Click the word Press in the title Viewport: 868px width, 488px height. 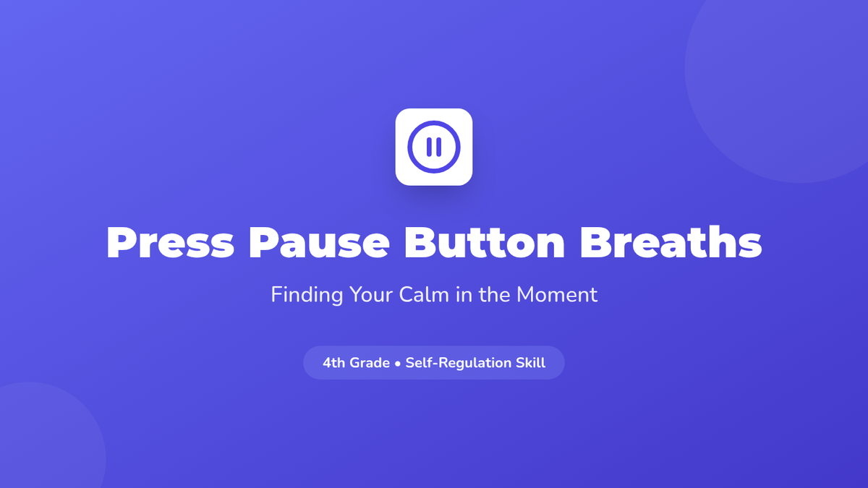point(170,242)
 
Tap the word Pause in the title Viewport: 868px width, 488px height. point(319,242)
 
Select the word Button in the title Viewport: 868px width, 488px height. point(485,241)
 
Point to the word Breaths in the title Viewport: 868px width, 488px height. point(671,241)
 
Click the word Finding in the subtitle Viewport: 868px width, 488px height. point(307,295)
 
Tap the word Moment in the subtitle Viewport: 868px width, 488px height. point(557,294)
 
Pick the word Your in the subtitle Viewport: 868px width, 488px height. point(371,294)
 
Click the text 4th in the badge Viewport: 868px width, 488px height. point(334,363)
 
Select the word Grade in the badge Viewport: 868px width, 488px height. point(370,363)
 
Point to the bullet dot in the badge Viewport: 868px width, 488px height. point(397,364)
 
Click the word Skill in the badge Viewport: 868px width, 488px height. point(530,362)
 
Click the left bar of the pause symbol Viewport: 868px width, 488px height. point(429,147)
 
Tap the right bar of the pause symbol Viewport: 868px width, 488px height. point(438,147)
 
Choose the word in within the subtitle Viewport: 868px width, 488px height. point(464,294)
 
